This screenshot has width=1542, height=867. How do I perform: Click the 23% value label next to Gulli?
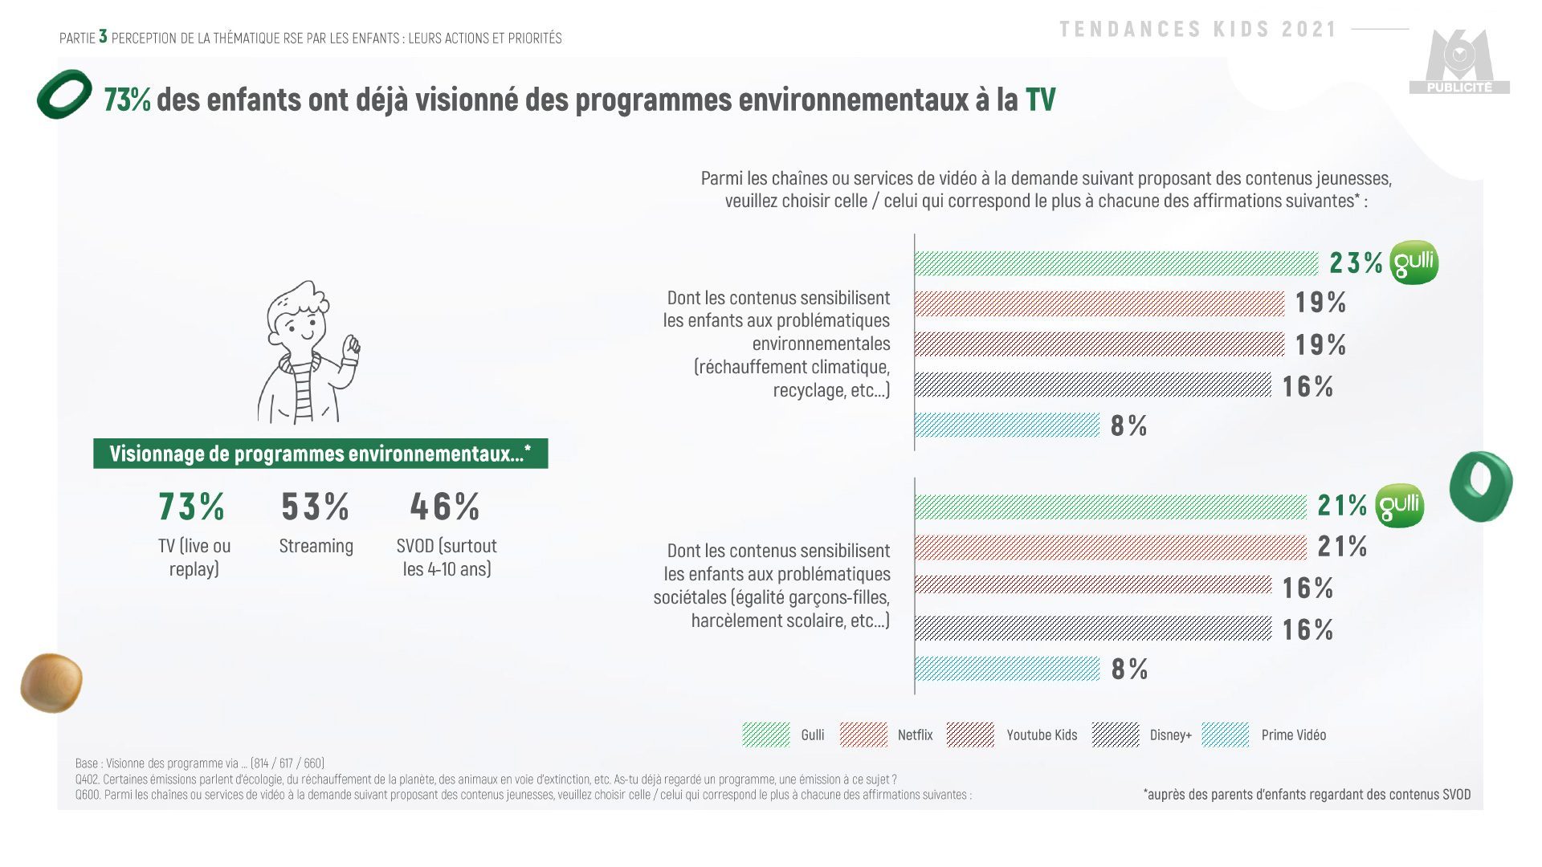click(1356, 263)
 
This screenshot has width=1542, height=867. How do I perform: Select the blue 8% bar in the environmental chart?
click(1007, 425)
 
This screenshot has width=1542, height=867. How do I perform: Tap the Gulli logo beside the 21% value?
click(1400, 506)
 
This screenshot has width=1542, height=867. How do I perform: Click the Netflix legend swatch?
click(863, 735)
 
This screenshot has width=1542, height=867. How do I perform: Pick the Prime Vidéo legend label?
click(1293, 735)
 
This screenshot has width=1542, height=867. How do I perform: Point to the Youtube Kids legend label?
click(1042, 735)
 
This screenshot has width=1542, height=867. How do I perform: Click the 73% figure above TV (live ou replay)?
click(192, 507)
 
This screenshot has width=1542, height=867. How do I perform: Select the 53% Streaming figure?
click(316, 507)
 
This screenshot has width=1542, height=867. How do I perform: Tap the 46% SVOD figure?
click(445, 507)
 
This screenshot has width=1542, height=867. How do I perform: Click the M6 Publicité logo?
click(1459, 64)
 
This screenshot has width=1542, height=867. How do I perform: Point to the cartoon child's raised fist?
click(351, 347)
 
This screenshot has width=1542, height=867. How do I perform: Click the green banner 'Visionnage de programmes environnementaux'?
click(320, 454)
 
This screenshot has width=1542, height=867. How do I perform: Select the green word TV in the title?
click(1040, 100)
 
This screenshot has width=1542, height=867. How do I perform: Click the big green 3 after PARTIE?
click(103, 37)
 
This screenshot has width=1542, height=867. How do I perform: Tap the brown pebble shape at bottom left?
click(51, 683)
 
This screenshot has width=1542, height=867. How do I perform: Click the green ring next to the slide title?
click(64, 95)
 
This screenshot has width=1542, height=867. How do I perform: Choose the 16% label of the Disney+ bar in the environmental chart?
click(1307, 386)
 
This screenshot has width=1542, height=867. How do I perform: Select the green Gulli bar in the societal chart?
click(1111, 507)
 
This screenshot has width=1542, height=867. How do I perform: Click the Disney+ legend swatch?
click(1115, 735)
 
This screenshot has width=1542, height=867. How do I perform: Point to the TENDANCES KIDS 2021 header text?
click(1197, 30)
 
